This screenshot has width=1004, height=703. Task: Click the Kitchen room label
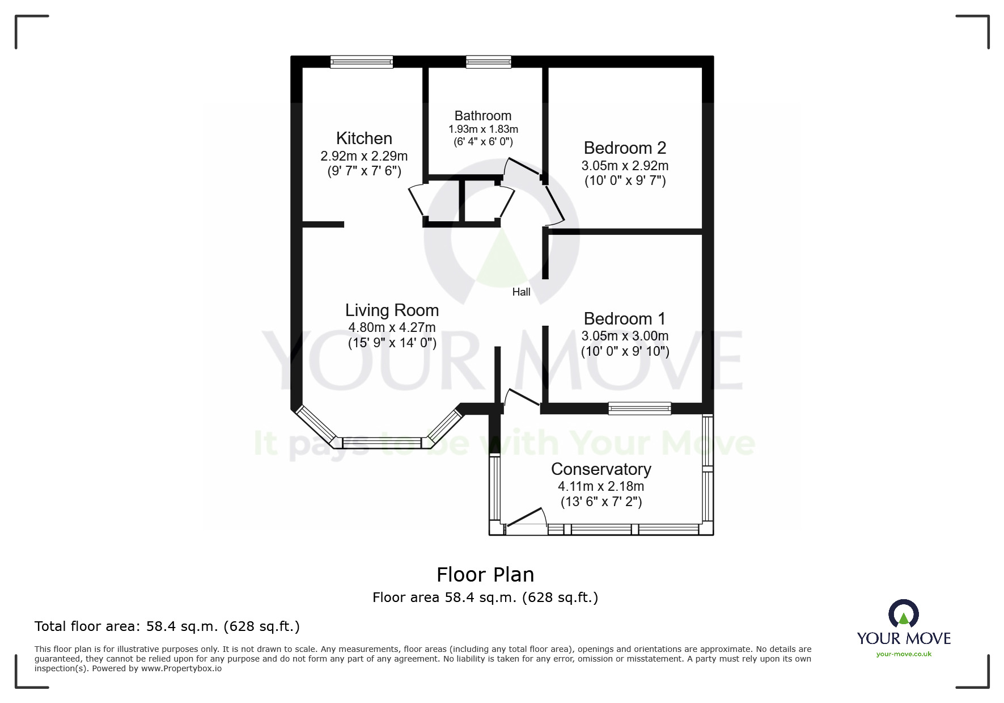pyautogui.click(x=364, y=138)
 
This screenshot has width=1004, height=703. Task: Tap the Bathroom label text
pyautogui.click(x=483, y=116)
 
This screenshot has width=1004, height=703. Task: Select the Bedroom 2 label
pyautogui.click(x=625, y=148)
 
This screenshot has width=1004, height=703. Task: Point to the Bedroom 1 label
pyautogui.click(x=625, y=319)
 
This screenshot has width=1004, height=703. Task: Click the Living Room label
pyautogui.click(x=392, y=310)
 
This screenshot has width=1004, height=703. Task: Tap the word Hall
pyautogui.click(x=521, y=292)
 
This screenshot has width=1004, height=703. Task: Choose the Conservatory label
pyautogui.click(x=601, y=469)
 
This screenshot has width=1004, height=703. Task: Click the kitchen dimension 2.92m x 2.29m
pyautogui.click(x=364, y=156)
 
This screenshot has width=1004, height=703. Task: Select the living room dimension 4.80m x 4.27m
pyautogui.click(x=392, y=327)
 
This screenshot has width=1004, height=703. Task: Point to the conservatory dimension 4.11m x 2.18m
pyautogui.click(x=601, y=486)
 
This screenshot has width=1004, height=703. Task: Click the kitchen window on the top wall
pyautogui.click(x=362, y=62)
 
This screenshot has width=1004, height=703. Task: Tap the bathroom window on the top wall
pyautogui.click(x=488, y=62)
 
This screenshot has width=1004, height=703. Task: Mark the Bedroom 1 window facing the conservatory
pyautogui.click(x=639, y=408)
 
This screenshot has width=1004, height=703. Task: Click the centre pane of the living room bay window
pyautogui.click(x=382, y=443)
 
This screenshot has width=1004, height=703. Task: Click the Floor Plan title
pyautogui.click(x=485, y=575)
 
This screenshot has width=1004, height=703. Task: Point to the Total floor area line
pyautogui.click(x=167, y=626)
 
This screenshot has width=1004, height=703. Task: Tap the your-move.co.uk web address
pyautogui.click(x=904, y=654)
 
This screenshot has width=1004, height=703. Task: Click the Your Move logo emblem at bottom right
pyautogui.click(x=903, y=614)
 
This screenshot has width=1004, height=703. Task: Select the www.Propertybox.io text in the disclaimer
pyautogui.click(x=181, y=668)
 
